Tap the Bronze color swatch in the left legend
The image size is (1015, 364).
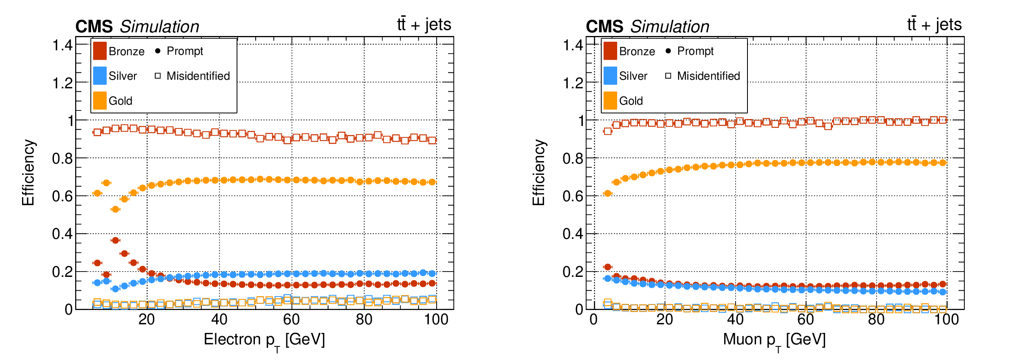[x=100, y=51]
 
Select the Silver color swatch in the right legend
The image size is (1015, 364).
[x=610, y=76]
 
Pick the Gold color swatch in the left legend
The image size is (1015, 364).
[x=100, y=101]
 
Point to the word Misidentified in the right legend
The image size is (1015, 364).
[x=708, y=76]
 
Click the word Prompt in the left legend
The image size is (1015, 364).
[x=185, y=51]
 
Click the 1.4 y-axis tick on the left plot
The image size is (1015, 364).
[x=62, y=45]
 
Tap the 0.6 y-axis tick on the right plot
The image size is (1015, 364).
[x=573, y=196]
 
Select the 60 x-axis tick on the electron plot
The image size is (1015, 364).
[x=291, y=319]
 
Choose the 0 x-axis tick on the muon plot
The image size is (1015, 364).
[x=593, y=319]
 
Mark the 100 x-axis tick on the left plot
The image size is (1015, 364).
[x=436, y=319]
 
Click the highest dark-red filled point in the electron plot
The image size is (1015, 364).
[x=115, y=240]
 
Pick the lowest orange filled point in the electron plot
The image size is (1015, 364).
[x=115, y=209]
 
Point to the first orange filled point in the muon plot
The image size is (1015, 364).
[x=607, y=193]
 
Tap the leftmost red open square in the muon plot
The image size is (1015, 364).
[x=607, y=131]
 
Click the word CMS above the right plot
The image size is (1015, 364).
[x=605, y=27]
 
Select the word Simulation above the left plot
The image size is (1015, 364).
[x=159, y=27]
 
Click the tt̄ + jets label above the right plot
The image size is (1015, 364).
[x=934, y=25]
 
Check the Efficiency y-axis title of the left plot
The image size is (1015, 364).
[x=28, y=173]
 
